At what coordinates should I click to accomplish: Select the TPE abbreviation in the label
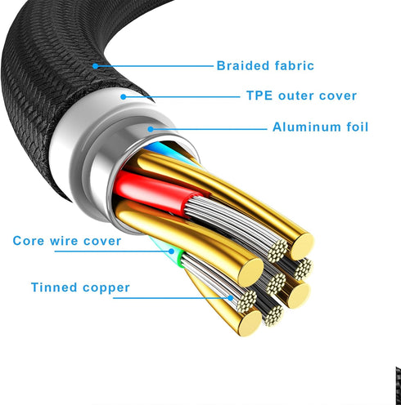259,96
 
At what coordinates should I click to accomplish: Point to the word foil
358,127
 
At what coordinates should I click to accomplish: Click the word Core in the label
29,241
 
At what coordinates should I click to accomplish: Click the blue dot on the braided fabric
95,66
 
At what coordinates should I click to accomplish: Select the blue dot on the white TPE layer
124,96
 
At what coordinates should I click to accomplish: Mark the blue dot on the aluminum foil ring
151,129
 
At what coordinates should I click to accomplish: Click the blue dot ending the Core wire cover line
171,251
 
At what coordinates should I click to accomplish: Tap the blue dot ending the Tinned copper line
231,298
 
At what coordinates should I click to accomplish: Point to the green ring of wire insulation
180,258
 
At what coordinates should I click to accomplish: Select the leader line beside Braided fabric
154,66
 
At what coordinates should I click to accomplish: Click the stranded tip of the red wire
277,251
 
